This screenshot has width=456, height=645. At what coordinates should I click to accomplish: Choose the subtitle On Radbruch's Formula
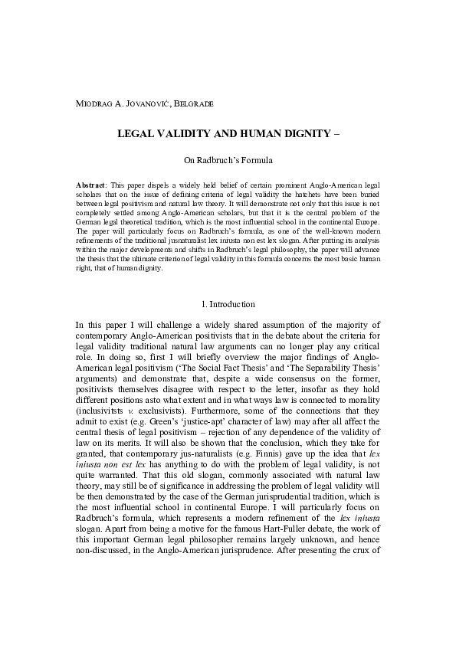(228, 162)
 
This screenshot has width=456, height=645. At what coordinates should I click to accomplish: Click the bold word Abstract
(92, 186)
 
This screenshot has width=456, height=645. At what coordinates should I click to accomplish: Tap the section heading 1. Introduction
(228, 304)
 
